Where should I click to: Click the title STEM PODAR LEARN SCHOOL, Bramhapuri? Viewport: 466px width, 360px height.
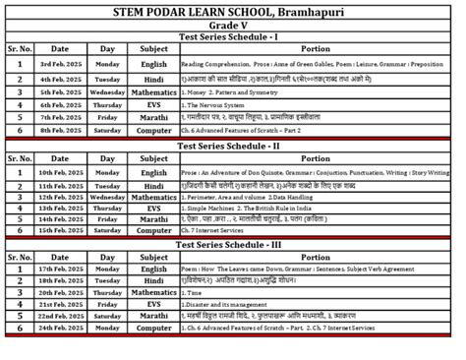[232, 11]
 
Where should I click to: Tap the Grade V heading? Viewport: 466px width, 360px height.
[232, 25]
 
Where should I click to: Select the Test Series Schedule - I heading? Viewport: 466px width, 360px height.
[232, 36]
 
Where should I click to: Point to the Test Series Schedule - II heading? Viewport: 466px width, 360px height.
[232, 146]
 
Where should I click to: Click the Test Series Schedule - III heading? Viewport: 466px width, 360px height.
[232, 244]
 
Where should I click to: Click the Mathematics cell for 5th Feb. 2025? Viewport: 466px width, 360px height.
[152, 91]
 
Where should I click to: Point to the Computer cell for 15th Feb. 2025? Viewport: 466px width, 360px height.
[152, 231]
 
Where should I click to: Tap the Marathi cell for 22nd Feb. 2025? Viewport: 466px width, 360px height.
[152, 316]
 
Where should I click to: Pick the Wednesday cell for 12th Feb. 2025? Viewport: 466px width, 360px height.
[107, 197]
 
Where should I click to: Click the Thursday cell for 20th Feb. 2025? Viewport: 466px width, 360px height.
[107, 292]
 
